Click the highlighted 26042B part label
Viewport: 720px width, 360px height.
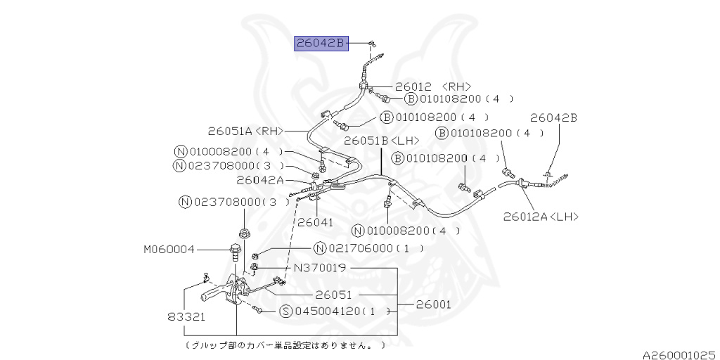pyautogui.click(x=321, y=44)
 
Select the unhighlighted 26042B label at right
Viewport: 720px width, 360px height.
pyautogui.click(x=553, y=118)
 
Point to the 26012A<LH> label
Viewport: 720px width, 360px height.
pyautogui.click(x=541, y=217)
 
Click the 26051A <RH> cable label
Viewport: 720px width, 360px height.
pyautogui.click(x=245, y=130)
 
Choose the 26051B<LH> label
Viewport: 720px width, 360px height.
pyautogui.click(x=381, y=141)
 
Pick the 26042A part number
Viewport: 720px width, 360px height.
pyautogui.click(x=260, y=180)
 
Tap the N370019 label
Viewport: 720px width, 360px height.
pyautogui.click(x=321, y=268)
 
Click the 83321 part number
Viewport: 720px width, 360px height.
pyautogui.click(x=186, y=317)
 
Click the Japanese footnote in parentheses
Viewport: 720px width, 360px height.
pyautogui.click(x=285, y=345)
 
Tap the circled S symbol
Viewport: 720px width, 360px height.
pyautogui.click(x=286, y=311)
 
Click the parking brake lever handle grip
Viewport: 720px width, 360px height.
pyautogui.click(x=213, y=293)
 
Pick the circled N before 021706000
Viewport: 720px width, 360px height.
pyautogui.click(x=320, y=248)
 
